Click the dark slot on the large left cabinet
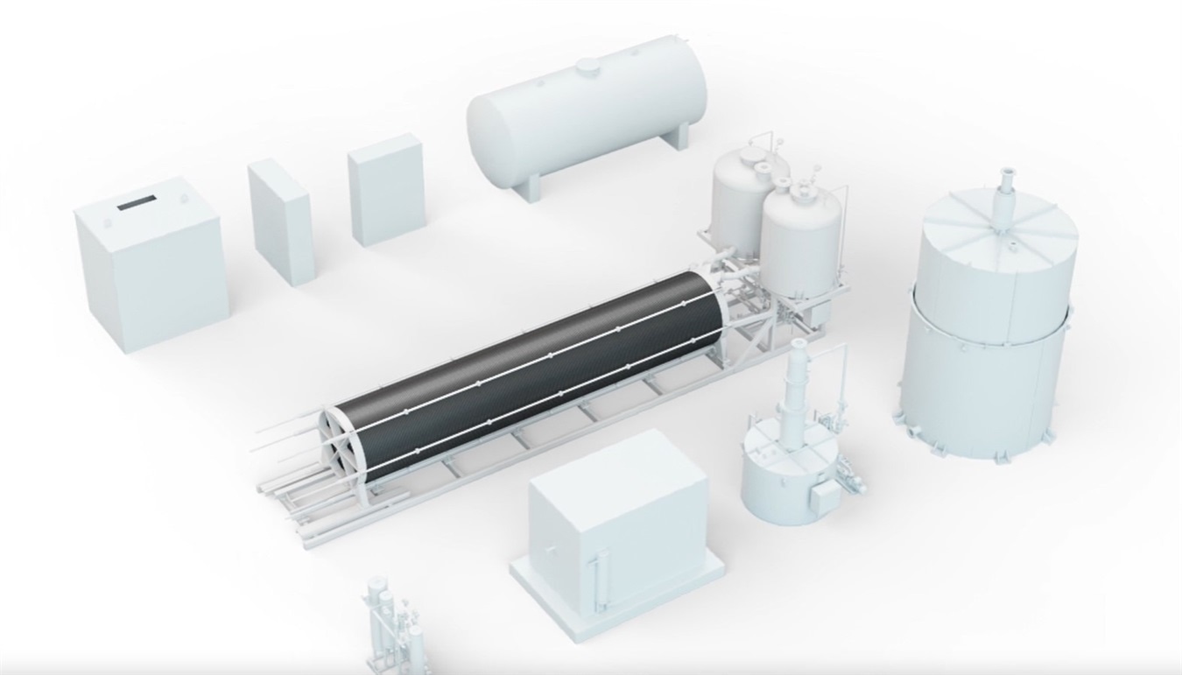click(x=136, y=203)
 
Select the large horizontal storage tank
click(x=587, y=114)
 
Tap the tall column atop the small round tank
click(x=798, y=385)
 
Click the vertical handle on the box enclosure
click(x=599, y=573)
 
